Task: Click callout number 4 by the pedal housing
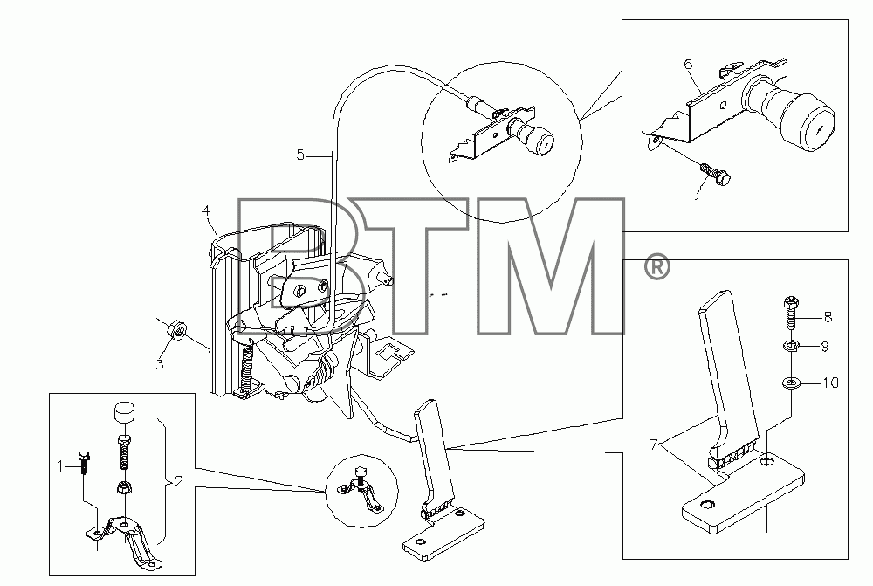click(206, 211)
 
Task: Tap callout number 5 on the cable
click(300, 155)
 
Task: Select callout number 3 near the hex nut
click(160, 365)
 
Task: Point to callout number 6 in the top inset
click(688, 65)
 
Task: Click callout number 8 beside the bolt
click(828, 317)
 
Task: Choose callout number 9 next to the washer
click(825, 347)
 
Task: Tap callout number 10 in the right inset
click(831, 383)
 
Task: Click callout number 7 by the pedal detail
click(653, 444)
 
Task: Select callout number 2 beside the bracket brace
click(178, 480)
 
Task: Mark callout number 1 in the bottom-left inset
click(61, 466)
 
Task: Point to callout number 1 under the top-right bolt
click(697, 203)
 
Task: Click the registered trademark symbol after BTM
click(657, 268)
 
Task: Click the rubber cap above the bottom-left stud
click(125, 413)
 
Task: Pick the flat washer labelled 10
click(791, 383)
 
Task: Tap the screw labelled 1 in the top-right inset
click(715, 173)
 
